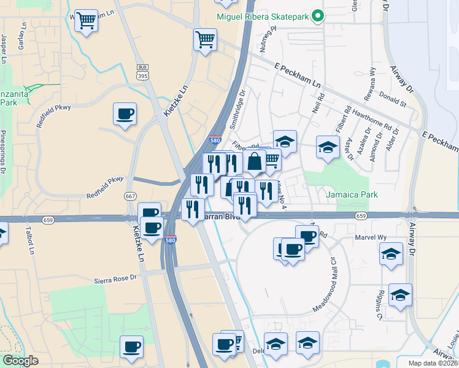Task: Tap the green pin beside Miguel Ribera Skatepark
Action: coord(317,16)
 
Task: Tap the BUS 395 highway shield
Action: coord(142,72)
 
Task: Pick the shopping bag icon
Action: coord(254,162)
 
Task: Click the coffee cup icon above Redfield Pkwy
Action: coord(125,113)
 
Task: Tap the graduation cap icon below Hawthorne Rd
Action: coord(328,147)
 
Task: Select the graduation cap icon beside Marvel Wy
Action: coord(391,253)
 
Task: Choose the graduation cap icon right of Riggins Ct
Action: coord(400,296)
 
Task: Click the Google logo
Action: coord(20,361)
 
